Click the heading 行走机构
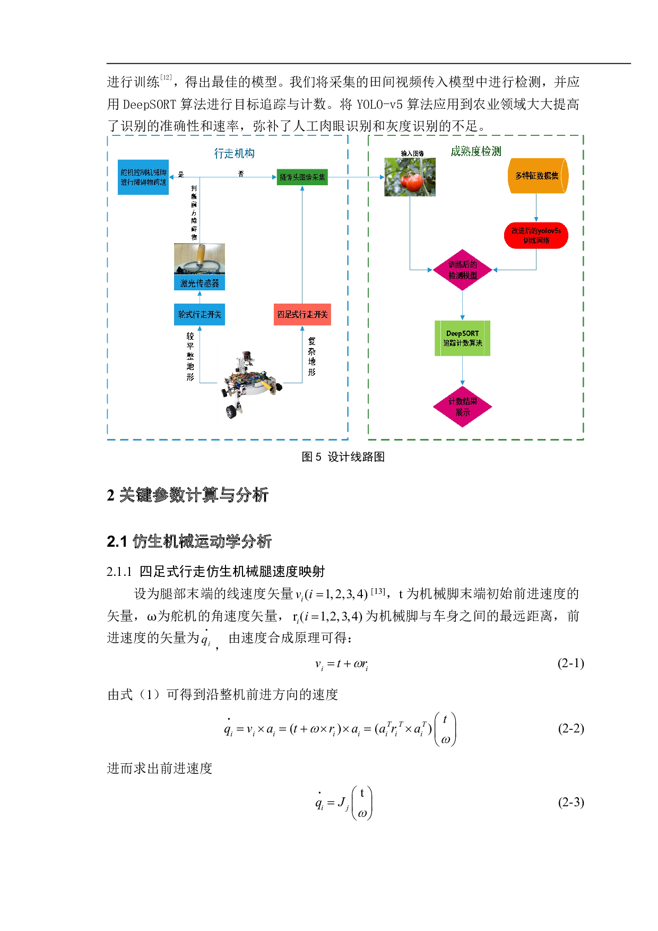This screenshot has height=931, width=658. click(x=234, y=153)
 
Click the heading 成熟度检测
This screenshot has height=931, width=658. click(x=475, y=151)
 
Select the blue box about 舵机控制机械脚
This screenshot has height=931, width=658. click(x=143, y=177)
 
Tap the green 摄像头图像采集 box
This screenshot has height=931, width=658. click(x=302, y=177)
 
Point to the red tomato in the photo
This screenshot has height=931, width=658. click(x=413, y=182)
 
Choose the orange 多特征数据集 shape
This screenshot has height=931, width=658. click(x=538, y=176)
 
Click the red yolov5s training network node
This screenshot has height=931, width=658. click(x=536, y=236)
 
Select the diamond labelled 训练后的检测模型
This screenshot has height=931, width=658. click(x=463, y=270)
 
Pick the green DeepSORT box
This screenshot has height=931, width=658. click(x=462, y=338)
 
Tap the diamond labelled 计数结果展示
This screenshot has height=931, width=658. click(x=463, y=407)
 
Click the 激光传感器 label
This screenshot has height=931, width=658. click(x=200, y=283)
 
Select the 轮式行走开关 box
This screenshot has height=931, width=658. click(x=200, y=314)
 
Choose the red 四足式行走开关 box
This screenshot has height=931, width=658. click(x=302, y=314)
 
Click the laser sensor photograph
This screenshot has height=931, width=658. click(x=200, y=258)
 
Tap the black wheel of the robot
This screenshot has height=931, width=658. click(x=231, y=411)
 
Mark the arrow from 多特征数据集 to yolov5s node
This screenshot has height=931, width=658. click(x=536, y=209)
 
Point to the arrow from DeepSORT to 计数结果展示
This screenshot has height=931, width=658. click(x=463, y=372)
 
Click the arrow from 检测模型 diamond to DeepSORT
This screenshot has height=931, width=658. click(x=463, y=306)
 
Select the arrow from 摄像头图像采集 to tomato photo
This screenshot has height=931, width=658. click(x=356, y=177)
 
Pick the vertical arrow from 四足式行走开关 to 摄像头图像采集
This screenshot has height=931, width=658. click(x=302, y=244)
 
